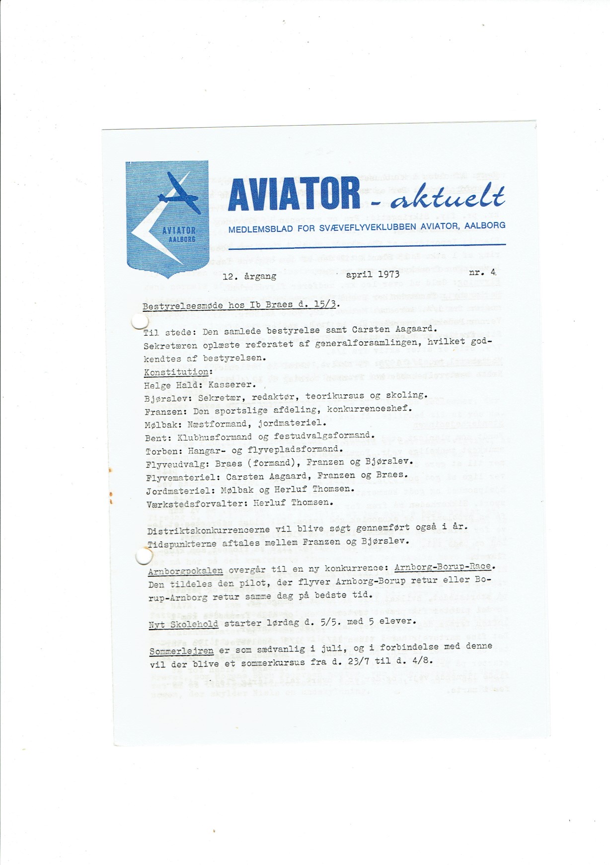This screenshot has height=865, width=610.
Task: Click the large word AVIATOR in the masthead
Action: pyautogui.click(x=294, y=194)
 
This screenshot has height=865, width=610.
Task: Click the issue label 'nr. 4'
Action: pyautogui.click(x=483, y=272)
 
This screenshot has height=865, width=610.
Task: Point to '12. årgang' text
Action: pyautogui.click(x=249, y=276)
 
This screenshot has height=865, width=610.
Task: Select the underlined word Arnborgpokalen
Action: pyautogui.click(x=185, y=571)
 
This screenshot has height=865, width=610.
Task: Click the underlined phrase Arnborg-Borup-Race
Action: pyautogui.click(x=444, y=567)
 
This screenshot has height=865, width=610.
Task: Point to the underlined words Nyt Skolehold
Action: pyautogui.click(x=183, y=624)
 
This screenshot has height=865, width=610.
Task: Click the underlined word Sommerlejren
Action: pyautogui.click(x=181, y=650)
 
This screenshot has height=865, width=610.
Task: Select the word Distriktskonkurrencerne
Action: pyautogui.click(x=208, y=530)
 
